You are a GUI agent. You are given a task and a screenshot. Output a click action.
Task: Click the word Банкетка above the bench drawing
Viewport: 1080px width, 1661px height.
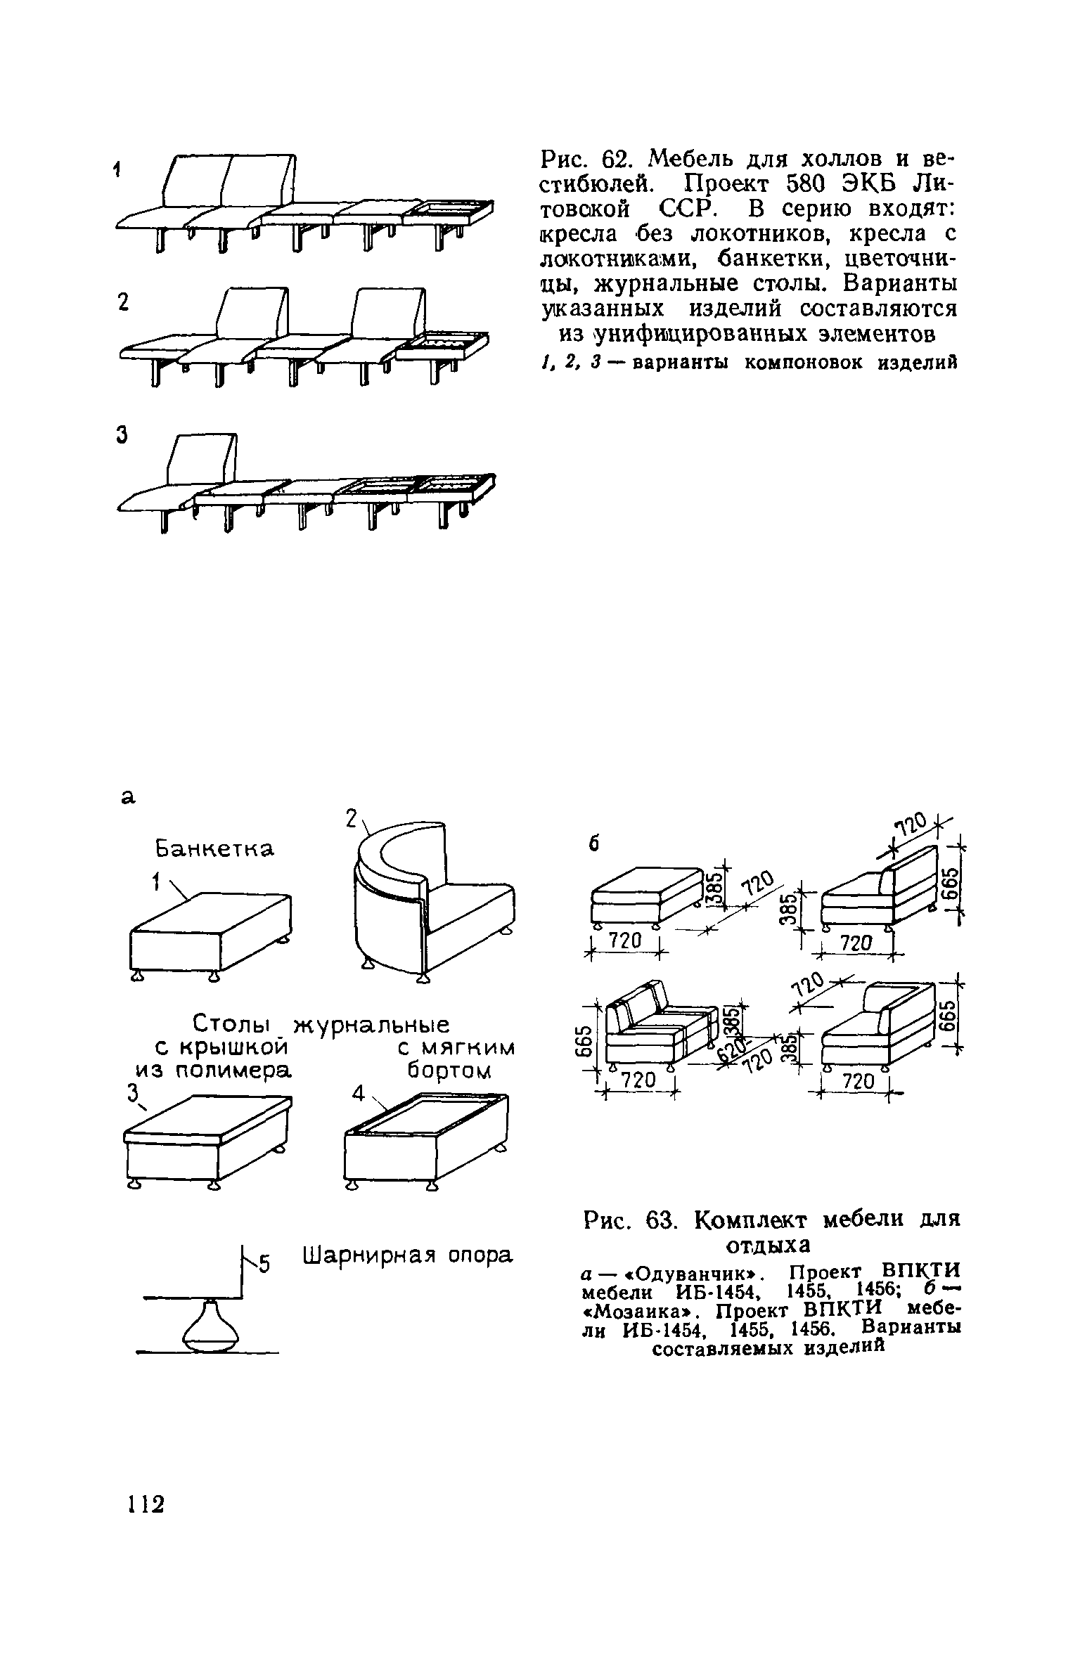(214, 850)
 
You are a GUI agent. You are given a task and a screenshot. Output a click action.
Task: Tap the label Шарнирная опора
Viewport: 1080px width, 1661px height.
(408, 1255)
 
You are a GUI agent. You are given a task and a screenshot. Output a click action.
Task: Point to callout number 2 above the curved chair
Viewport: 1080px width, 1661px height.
(352, 819)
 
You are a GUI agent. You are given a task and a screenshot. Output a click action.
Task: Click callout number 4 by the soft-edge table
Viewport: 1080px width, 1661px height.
(359, 1094)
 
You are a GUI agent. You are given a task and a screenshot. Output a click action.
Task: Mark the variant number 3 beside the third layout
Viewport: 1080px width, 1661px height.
(122, 437)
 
